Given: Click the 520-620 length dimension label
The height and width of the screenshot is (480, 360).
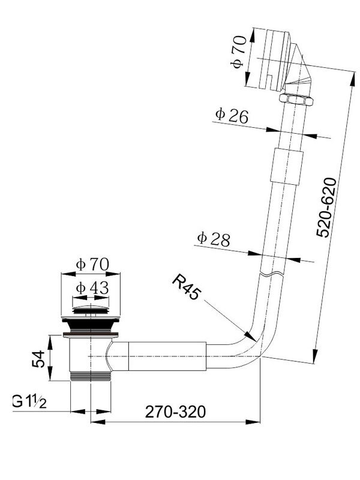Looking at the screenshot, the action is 326,207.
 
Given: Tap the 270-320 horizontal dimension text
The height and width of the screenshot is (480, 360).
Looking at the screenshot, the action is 175,412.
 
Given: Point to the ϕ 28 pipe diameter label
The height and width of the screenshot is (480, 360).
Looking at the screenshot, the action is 214,239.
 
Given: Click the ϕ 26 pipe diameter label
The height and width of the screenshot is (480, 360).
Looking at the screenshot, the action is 232,115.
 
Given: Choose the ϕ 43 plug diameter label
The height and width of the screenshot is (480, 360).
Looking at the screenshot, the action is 92,288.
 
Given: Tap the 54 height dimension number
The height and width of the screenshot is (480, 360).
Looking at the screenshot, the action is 39,359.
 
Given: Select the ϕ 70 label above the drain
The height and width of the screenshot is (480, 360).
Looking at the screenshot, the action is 92,264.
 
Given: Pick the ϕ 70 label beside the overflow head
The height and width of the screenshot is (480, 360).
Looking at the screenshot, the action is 238,52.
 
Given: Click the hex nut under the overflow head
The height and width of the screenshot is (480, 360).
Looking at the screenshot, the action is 296,99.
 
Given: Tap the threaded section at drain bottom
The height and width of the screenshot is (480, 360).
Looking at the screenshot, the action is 91,376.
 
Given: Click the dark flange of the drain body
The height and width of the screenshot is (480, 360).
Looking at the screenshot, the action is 91,325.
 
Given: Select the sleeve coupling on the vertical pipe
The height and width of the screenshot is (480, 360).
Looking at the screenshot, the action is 287,166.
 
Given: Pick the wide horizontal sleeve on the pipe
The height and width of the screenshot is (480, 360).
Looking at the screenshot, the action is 167,356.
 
